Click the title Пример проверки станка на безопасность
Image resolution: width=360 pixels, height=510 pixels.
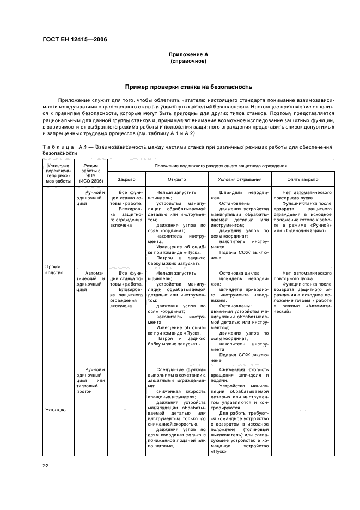point(188,87)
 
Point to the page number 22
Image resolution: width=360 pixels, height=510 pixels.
point(46,465)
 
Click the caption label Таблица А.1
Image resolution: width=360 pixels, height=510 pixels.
point(65,147)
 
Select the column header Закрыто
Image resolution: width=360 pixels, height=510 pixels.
point(126,179)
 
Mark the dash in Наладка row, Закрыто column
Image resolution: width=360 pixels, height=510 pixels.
point(126,409)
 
